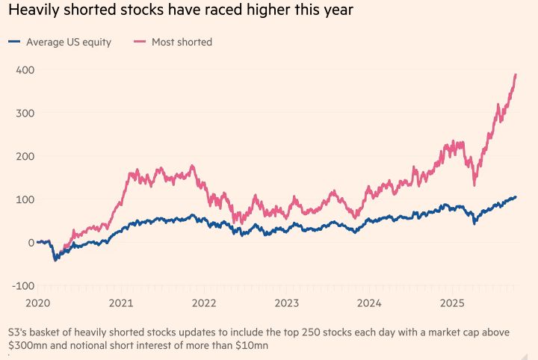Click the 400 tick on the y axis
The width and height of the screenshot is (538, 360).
[25, 69]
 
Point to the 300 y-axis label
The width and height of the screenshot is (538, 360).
[25, 113]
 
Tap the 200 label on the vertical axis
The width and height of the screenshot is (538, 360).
[25, 156]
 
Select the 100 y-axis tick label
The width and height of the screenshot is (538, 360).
[25, 199]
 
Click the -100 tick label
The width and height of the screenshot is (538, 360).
[23, 286]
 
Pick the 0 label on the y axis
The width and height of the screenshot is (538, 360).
[31, 243]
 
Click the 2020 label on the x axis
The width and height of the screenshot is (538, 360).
[37, 303]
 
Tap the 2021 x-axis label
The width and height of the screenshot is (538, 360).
[120, 303]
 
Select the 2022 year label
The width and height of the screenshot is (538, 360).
[203, 303]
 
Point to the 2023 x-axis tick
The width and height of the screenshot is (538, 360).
[286, 303]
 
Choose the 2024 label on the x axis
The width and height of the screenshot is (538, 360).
[369, 303]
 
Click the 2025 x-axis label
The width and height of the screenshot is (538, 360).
[452, 303]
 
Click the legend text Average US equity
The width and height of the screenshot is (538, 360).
[69, 43]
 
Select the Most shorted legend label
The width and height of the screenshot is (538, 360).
[182, 43]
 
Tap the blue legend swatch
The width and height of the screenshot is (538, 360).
[14, 43]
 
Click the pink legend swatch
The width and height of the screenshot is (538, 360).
[140, 43]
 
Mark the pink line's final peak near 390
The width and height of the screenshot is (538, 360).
[516, 75]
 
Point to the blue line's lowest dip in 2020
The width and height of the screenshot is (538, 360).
[55, 259]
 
